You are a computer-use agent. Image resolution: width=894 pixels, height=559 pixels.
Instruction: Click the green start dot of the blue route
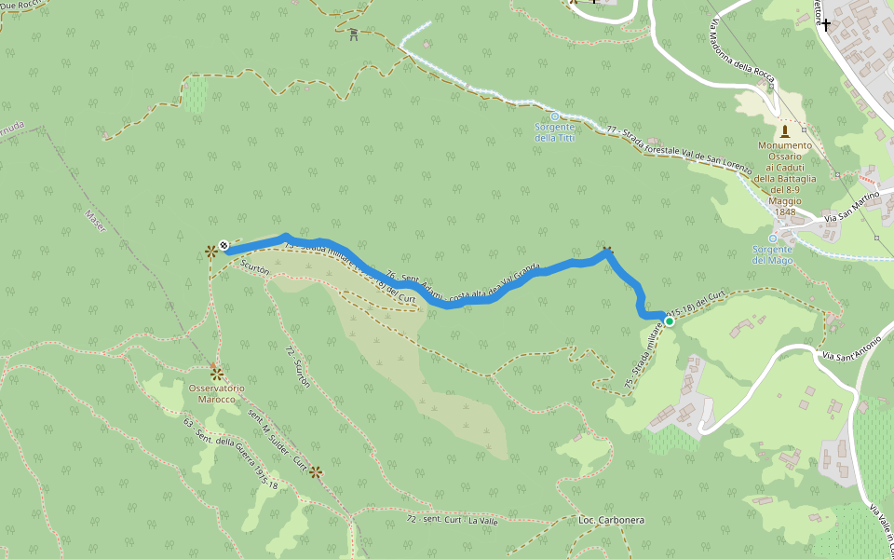669,321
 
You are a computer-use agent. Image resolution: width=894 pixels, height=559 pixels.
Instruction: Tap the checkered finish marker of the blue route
224,247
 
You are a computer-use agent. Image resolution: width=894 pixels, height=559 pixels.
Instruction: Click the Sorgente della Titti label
554,132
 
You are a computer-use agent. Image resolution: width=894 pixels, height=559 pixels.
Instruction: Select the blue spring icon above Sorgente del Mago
772,239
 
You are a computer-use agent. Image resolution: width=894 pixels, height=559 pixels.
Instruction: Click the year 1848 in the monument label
785,211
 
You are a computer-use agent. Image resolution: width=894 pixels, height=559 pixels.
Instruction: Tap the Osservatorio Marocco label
216,393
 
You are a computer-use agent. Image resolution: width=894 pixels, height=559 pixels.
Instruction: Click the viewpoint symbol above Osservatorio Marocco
216,372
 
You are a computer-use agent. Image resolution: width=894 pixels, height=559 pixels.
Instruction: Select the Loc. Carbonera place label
611,519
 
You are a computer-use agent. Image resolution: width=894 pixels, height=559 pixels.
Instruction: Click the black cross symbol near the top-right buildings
825,24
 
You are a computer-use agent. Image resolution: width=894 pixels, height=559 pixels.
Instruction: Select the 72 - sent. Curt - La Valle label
452,519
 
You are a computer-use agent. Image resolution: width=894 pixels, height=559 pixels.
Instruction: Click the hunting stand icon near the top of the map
354,35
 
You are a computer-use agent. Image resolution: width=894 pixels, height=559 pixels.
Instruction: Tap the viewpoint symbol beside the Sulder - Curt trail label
316,471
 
